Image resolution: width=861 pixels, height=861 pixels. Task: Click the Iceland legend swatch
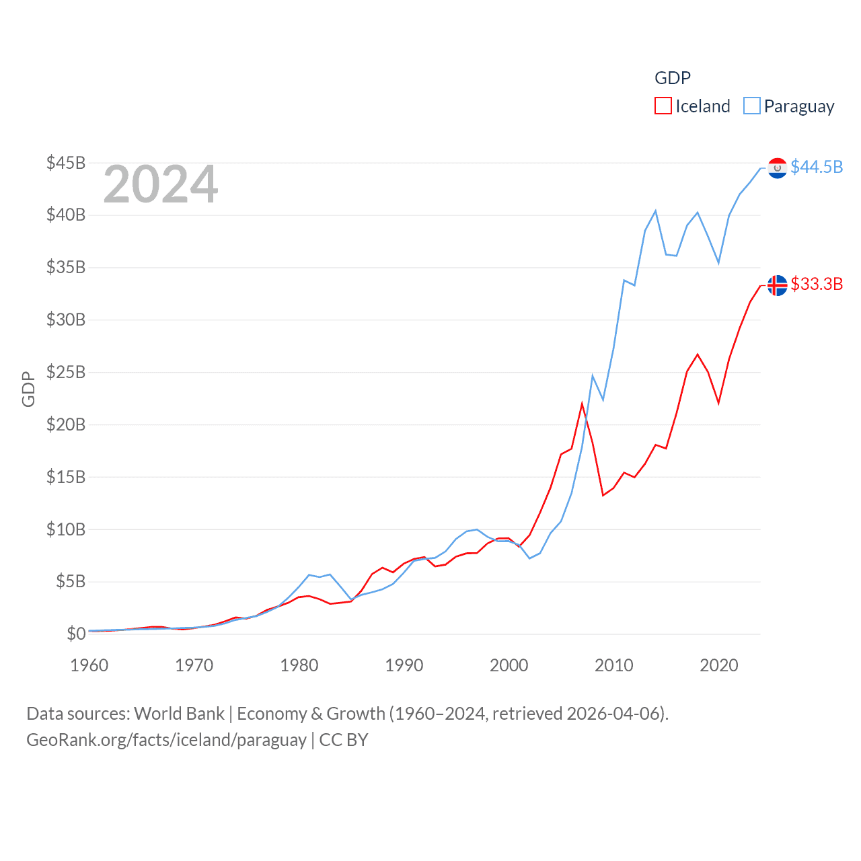[x=663, y=106]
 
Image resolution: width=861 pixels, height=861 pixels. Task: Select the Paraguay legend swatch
[x=751, y=106]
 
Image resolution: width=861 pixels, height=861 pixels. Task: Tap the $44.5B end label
[x=817, y=167]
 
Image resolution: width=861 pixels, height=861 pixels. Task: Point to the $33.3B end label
[x=817, y=284]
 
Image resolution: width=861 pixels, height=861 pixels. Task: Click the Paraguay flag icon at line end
[x=777, y=168]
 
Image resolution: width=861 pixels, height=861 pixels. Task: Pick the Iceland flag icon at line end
[x=777, y=285]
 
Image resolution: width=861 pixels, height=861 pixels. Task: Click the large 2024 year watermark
[x=160, y=184]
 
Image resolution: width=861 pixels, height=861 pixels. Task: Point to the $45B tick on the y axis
[x=66, y=163]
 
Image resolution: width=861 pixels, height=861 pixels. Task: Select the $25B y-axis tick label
[x=66, y=372]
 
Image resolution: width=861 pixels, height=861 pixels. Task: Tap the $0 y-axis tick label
[x=76, y=634]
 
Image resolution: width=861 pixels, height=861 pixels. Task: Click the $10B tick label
[x=66, y=529]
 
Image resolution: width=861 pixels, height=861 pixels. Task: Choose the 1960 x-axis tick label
[x=89, y=665]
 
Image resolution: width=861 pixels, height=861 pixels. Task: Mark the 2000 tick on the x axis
[x=509, y=665]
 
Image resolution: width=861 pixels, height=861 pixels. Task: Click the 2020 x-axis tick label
[x=719, y=665]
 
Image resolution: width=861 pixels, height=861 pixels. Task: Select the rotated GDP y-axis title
[x=28, y=389]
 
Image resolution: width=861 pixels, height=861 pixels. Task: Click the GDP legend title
[x=673, y=78]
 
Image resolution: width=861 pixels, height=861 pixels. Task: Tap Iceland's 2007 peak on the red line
[x=582, y=404]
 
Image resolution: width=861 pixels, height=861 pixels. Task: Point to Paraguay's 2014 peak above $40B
[x=655, y=211]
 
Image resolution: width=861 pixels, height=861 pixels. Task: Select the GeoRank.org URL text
[x=166, y=740]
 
